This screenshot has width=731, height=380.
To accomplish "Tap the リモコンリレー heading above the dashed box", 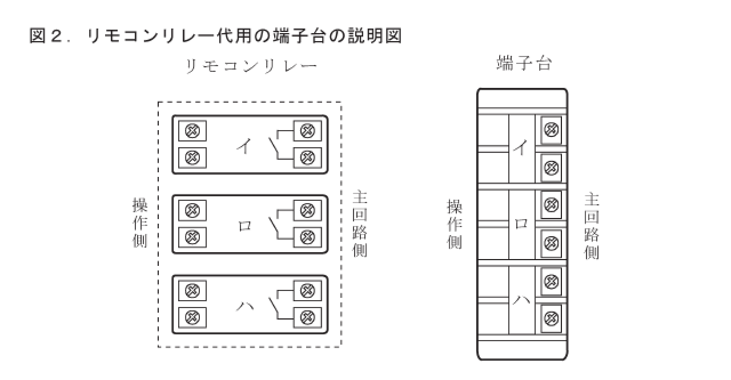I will coord(252,66).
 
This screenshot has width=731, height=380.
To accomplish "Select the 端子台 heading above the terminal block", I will coord(524,63).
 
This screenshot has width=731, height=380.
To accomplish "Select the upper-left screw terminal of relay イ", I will coord(192,131).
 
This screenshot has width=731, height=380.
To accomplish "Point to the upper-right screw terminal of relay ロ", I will coord(308,211).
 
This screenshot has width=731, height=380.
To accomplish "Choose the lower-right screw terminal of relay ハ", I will coord(308,316).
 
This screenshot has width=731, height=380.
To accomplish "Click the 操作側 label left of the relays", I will coord(140,223).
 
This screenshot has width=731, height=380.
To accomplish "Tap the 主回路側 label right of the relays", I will coord(359,224).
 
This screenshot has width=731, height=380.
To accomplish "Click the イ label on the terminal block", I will coord(521,148).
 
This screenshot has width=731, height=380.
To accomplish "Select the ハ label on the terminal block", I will coord(521,299).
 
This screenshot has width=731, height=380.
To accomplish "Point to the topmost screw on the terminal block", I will coord(551,130).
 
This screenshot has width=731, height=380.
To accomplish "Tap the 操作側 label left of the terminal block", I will coord(455,224).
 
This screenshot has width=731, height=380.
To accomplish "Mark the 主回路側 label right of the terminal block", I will coord(592,226).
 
